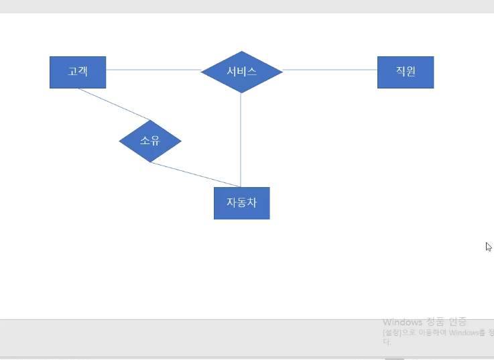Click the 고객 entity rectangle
coord(78,72)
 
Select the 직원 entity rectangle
coord(406,72)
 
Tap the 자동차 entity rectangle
coord(241,203)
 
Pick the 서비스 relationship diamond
coord(241,72)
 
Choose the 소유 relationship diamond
coord(150,141)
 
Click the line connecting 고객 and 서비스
coord(153,70)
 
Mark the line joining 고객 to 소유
coord(114,104)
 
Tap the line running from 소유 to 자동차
coord(195,174)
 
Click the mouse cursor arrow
coord(489,246)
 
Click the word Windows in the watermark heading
coord(402,322)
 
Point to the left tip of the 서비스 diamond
coord(202,70)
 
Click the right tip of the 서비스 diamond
coord(282,70)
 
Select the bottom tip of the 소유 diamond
coord(150,162)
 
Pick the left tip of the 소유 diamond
coord(120,141)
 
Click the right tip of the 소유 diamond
coord(181,141)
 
